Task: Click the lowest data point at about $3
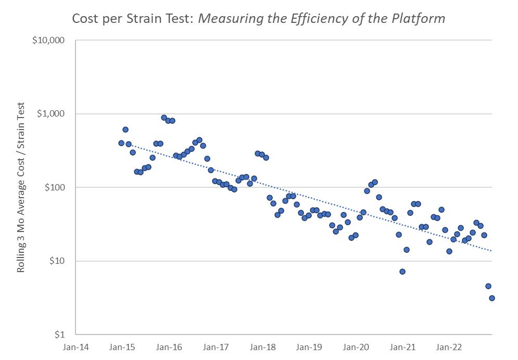pos(491,298)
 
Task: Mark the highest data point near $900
pos(164,118)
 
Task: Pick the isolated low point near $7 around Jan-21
pos(402,272)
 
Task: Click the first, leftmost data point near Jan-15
pos(121,143)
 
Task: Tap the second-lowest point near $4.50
pos(488,286)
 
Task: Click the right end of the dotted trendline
pos(491,251)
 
